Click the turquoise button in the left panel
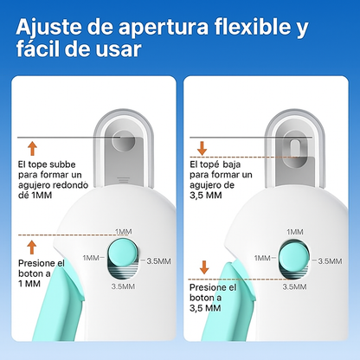119,254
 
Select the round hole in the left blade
124,141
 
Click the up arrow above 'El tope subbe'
32,149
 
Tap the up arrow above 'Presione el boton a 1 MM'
32,247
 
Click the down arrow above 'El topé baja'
202,148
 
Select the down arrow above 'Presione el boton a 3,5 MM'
204,267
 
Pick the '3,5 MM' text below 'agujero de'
206,196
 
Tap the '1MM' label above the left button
124,232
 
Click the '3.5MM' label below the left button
123,286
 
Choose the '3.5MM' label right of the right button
330,261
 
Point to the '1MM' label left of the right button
262,258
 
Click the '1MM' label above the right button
295,232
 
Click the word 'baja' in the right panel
232,164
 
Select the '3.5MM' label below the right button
294,286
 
